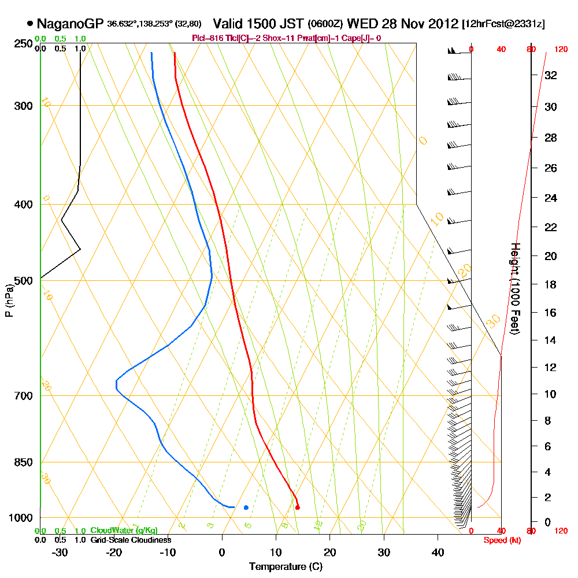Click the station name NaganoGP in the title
pos(70,24)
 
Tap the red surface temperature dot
pos(297,507)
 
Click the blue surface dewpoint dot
pos(246,507)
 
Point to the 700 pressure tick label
pos(23,396)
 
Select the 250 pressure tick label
pos(23,44)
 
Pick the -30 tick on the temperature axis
pos(60,553)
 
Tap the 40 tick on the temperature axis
pos(438,553)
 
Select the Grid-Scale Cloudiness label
pos(131,540)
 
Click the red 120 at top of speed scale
pos(561,50)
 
